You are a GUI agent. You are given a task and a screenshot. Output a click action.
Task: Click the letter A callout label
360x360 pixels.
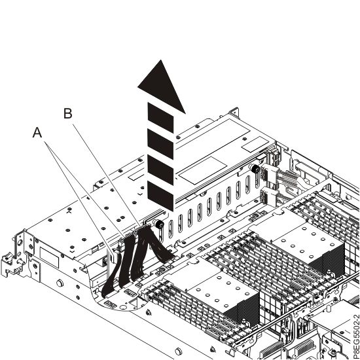37,133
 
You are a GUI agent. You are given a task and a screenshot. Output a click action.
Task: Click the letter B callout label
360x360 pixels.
67,113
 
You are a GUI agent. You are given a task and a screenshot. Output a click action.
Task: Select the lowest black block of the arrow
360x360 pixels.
160,196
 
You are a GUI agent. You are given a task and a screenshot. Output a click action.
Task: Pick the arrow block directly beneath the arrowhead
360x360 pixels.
160,118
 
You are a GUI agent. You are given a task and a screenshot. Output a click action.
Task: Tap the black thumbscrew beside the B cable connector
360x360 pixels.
158,225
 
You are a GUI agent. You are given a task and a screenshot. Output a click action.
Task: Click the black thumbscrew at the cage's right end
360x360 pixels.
255,170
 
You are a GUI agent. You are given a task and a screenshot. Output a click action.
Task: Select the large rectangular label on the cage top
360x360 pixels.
203,170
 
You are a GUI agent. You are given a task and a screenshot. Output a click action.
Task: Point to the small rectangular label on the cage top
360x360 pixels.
255,144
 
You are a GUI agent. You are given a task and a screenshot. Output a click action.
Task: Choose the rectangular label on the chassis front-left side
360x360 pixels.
49,257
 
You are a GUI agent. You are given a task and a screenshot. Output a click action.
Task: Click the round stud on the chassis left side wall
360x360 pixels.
60,283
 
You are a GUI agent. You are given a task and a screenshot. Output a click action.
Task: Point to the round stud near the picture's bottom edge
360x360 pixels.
178,351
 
